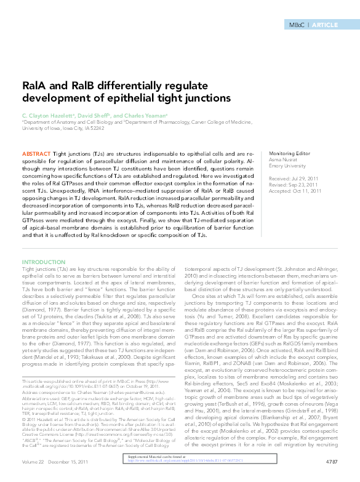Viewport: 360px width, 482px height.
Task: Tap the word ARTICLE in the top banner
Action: click(326, 25)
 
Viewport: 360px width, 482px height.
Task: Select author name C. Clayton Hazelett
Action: click(49, 115)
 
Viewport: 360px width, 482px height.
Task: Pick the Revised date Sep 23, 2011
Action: click(303, 184)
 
